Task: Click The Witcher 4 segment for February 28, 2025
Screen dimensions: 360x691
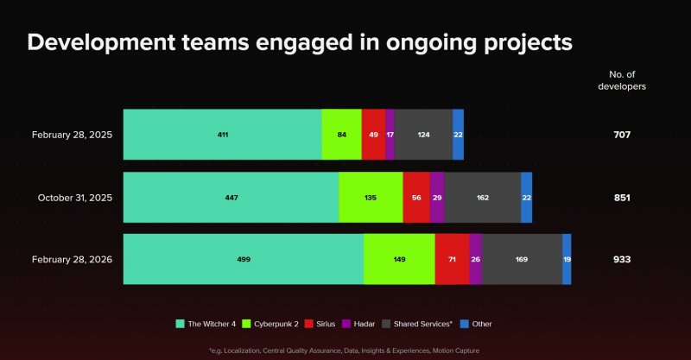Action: [222, 135]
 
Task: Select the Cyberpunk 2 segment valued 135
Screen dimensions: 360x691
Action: [371, 198]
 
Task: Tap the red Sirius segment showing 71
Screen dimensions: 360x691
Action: [452, 259]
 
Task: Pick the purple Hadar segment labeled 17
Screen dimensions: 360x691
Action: [390, 135]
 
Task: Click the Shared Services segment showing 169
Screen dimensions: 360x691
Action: [522, 259]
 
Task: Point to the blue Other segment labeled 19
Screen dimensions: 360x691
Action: [567, 259]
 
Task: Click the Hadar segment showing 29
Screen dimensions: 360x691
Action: [437, 198]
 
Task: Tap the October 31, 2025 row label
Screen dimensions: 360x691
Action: [75, 198]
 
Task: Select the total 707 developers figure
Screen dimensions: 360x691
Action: [622, 135]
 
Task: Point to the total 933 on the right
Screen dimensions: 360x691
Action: [622, 259]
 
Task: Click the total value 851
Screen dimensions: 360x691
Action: [622, 198]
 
